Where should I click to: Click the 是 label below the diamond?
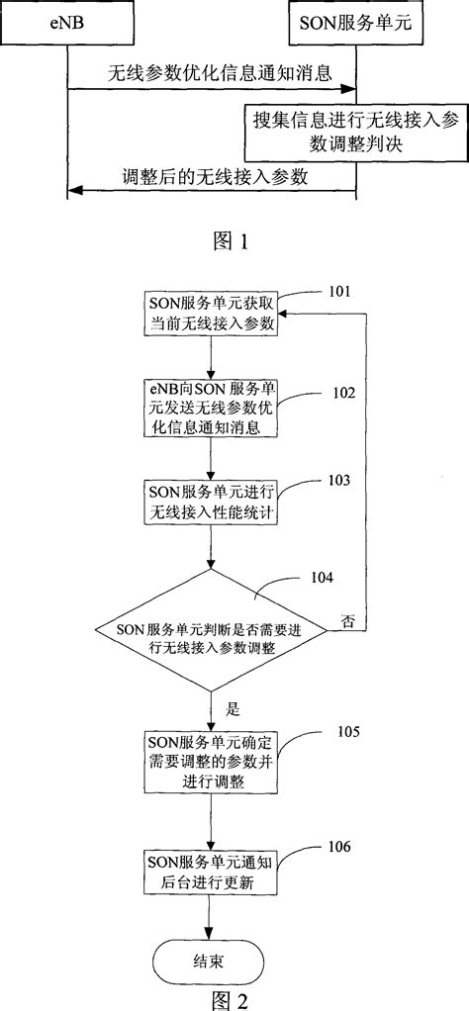tap(234, 709)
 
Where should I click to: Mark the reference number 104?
tap(321, 576)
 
